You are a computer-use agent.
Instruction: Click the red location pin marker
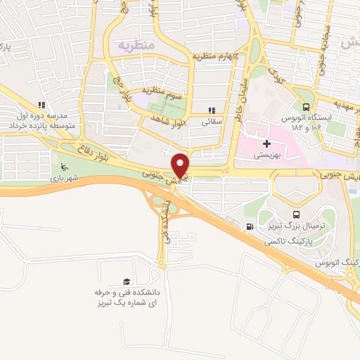181,165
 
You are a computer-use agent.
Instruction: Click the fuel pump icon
249,226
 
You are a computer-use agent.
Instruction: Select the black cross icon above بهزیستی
266,143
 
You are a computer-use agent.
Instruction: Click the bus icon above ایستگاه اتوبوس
305,108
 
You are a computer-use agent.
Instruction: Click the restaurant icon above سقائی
211,110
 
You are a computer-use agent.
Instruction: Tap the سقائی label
212,121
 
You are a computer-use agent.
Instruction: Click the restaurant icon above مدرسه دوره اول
41,105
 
